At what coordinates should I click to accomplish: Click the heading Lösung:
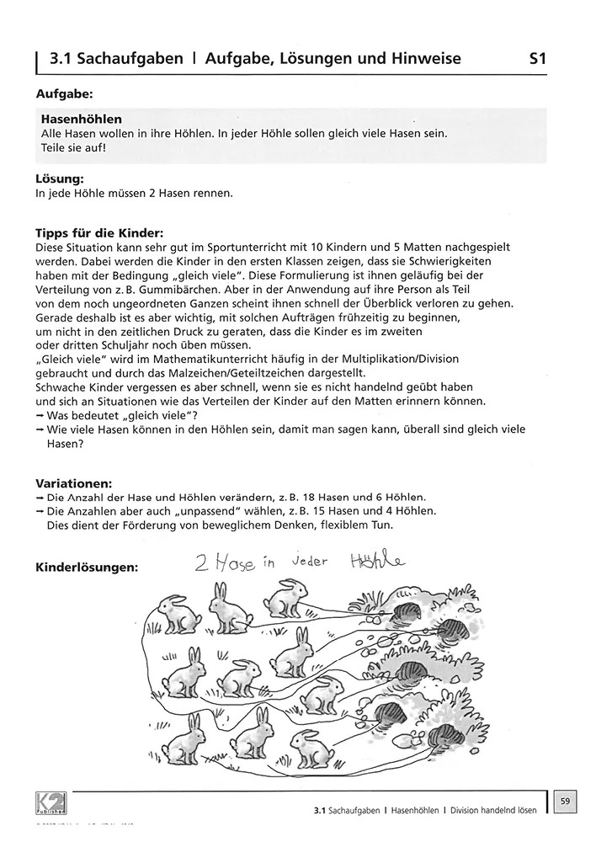59,179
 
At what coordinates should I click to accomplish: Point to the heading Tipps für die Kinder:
99,233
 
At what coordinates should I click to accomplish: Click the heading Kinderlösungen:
88,568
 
